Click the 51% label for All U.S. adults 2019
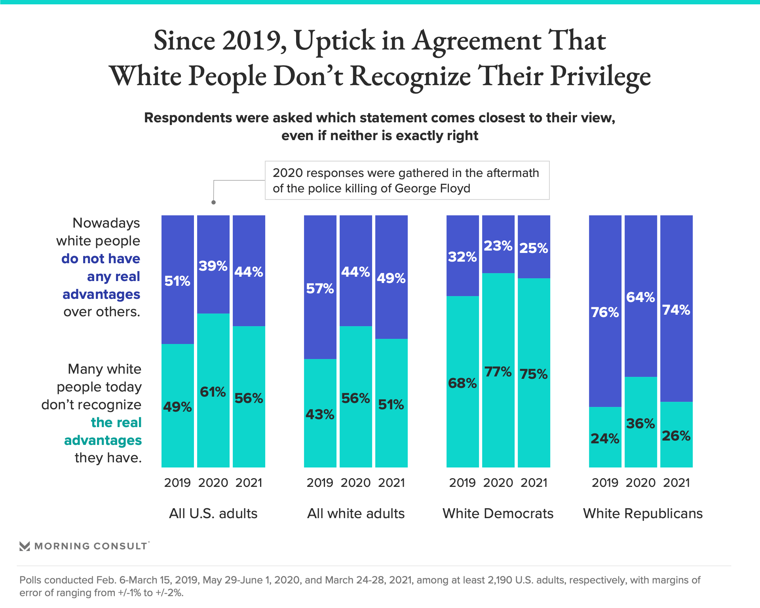coord(177,281)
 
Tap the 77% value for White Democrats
coord(498,372)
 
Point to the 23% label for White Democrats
coord(498,246)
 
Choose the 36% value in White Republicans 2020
coord(640,424)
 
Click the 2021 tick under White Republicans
coord(676,483)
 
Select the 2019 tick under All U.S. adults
coord(177,483)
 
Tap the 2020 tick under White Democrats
coord(498,483)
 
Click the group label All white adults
coord(356,513)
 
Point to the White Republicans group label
coord(643,513)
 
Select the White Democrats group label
coord(498,513)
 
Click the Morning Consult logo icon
coord(25,546)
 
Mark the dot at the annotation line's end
coord(213,202)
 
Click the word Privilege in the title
coord(600,76)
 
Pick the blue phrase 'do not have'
coord(101,258)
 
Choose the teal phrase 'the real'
coord(116,422)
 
